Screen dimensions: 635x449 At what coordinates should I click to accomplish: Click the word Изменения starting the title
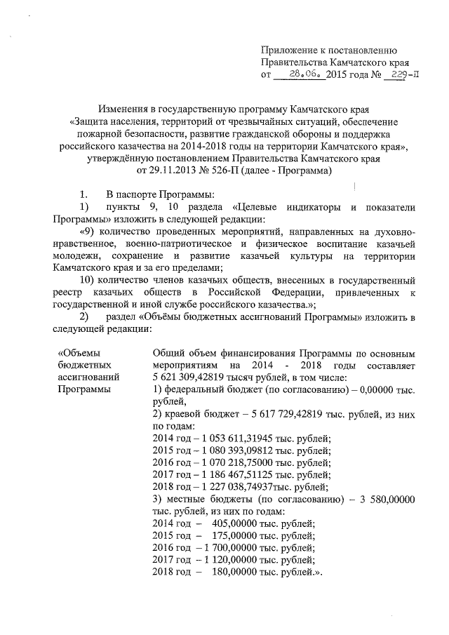pyautogui.click(x=123, y=109)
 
